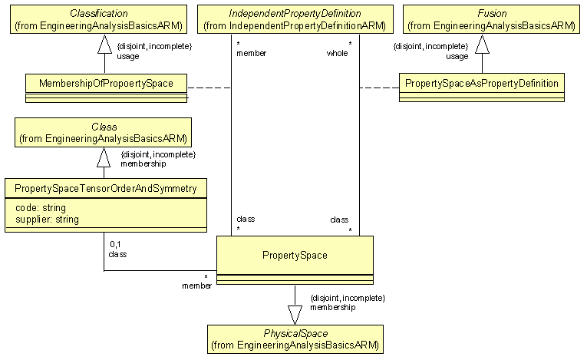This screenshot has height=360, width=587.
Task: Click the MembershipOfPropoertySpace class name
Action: (x=105, y=82)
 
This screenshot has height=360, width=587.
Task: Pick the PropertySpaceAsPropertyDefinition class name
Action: (x=482, y=81)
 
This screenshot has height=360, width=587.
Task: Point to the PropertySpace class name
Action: (x=295, y=254)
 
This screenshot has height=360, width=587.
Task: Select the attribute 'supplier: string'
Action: (x=47, y=220)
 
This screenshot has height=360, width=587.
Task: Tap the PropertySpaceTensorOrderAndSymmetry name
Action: (x=105, y=187)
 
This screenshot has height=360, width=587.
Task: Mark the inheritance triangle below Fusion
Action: (x=482, y=47)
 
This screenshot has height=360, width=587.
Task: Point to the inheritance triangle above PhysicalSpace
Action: (x=295, y=313)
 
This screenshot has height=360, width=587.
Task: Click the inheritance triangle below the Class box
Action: (x=104, y=157)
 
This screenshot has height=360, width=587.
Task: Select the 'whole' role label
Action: (x=338, y=53)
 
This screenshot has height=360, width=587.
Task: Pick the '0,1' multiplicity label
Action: (x=116, y=243)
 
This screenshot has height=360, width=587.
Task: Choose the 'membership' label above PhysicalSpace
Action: (x=332, y=307)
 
